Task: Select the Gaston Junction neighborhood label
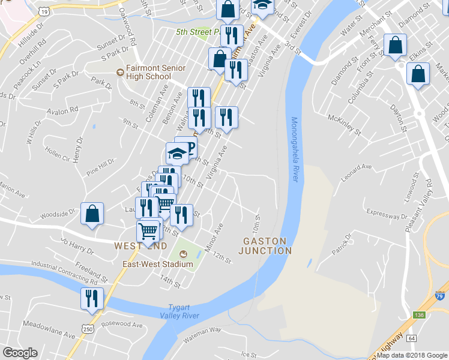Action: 265,245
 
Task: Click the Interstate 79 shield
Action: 440,296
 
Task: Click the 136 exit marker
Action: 419,314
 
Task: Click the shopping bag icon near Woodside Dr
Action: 92,215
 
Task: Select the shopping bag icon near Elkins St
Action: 418,75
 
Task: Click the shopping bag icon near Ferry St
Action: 395,46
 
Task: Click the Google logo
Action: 20,353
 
